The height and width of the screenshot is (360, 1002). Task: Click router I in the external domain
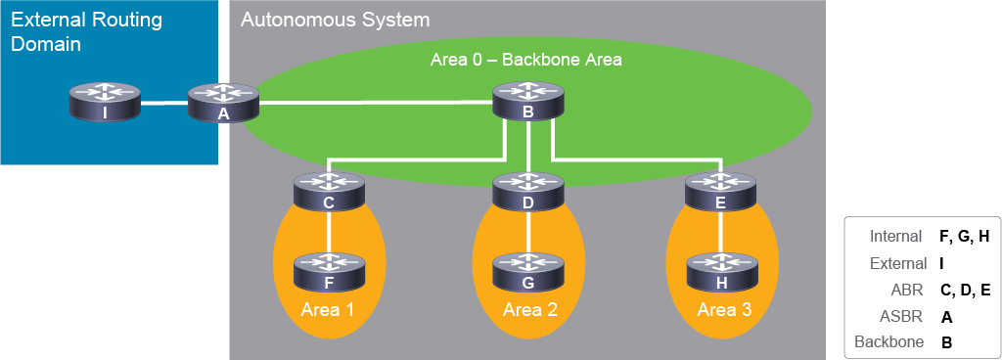(x=105, y=102)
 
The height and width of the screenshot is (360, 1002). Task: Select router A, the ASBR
(x=224, y=102)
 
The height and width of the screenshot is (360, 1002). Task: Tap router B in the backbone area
(x=528, y=102)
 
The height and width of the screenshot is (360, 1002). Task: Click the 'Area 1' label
(x=329, y=310)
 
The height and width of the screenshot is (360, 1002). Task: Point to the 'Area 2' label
(x=530, y=310)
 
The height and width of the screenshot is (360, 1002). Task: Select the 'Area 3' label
(x=724, y=310)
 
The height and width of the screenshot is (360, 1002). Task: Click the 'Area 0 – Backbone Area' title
(x=525, y=60)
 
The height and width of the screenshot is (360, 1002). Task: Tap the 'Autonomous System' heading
(x=335, y=20)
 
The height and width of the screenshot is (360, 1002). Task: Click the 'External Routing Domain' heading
(x=87, y=32)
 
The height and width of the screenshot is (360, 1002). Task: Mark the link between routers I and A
(x=164, y=102)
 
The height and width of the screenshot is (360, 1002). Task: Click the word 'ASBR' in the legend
(x=905, y=316)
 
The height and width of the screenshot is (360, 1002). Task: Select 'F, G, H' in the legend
(x=964, y=237)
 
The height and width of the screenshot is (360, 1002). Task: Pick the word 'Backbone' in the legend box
(x=888, y=342)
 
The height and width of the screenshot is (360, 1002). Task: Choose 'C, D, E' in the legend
(x=965, y=290)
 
